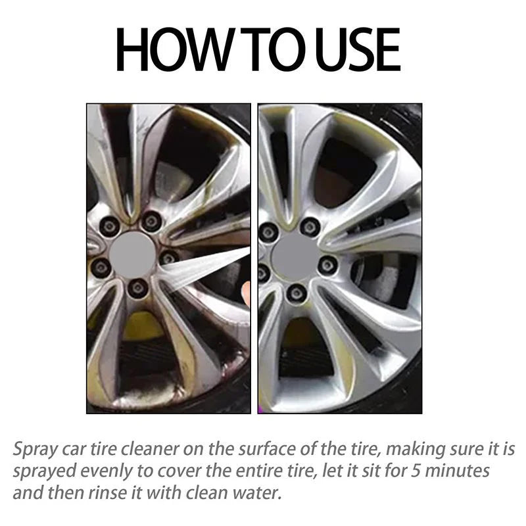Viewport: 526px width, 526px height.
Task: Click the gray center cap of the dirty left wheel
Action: click(x=132, y=254)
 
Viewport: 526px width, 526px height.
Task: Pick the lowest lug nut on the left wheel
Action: click(x=137, y=287)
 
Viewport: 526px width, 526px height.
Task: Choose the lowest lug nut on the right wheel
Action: click(x=297, y=292)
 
